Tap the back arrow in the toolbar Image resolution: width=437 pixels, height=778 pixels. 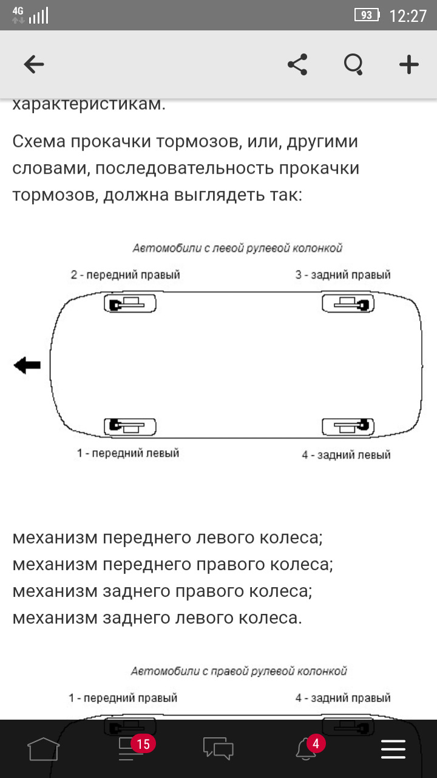coord(34,64)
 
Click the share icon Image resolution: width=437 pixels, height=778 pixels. coord(297,64)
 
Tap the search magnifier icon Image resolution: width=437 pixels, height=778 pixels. coord(353,64)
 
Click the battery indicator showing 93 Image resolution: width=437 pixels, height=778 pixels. coord(367,15)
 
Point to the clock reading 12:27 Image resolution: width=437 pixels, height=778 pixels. coord(408,16)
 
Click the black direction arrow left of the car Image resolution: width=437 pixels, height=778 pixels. coord(27,365)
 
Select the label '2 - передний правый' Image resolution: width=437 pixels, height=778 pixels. coord(125,275)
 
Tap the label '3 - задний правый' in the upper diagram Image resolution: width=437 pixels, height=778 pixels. coord(343,275)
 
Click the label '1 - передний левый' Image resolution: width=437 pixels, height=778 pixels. coord(128,453)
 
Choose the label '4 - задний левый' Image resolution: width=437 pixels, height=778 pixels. coord(346,455)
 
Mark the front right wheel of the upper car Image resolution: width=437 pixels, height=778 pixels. coord(130,303)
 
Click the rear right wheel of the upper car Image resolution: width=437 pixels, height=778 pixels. coord(348,303)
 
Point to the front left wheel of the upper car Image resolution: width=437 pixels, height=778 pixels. coord(130,427)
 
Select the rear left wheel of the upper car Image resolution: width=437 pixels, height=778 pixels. coord(348,427)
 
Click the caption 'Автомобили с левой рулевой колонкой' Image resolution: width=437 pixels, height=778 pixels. coord(237,248)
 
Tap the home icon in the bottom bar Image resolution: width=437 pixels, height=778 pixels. coord(43,749)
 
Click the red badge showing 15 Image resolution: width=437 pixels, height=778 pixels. coord(143,745)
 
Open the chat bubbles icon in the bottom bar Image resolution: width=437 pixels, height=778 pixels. coord(218,748)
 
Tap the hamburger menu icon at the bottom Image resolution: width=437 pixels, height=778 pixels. coord(393,749)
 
